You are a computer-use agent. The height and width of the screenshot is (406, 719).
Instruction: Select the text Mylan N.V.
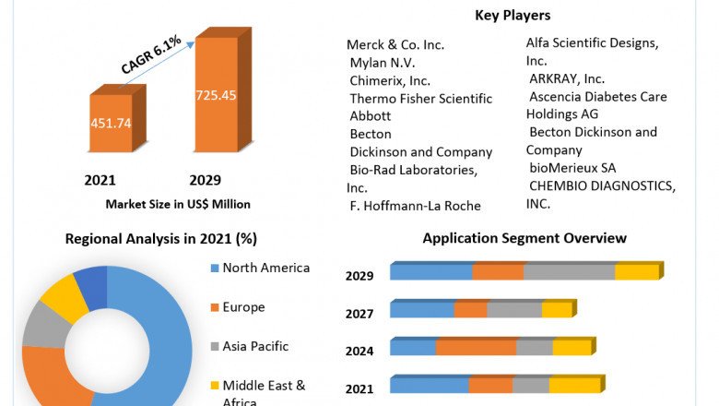tap(383, 63)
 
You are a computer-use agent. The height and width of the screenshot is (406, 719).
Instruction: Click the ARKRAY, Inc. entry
tap(567, 78)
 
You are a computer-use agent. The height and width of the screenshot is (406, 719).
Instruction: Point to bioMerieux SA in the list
tap(572, 167)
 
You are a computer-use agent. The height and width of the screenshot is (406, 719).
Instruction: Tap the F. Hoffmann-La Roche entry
tap(416, 205)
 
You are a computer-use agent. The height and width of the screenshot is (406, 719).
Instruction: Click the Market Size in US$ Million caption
tap(178, 204)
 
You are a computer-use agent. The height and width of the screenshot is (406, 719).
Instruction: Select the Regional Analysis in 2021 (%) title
tap(160, 239)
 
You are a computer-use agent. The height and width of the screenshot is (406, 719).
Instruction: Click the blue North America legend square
tap(215, 269)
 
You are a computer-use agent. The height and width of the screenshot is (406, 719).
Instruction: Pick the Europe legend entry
tap(242, 307)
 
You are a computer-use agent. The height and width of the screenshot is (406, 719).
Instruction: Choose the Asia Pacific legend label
tap(255, 346)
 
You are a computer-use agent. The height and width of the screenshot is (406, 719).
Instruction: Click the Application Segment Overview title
tap(525, 238)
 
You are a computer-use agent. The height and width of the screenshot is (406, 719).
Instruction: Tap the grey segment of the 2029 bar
tap(569, 271)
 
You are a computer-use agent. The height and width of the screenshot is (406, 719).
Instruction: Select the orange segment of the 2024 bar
tap(476, 347)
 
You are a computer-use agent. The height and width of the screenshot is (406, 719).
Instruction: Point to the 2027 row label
tap(359, 314)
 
